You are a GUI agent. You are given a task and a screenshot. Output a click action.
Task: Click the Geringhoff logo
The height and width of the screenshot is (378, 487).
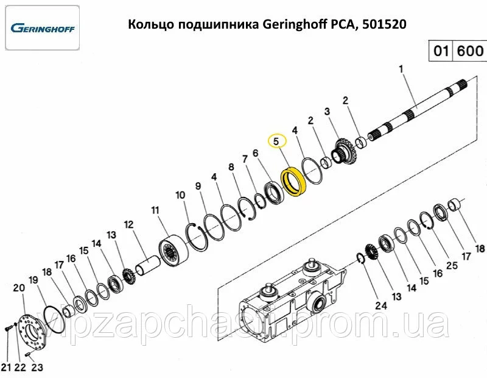[x=43, y=28]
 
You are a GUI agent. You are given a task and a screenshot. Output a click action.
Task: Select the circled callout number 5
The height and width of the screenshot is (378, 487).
[x=276, y=141]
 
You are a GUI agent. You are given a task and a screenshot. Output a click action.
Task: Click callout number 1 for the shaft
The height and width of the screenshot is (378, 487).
[x=401, y=69]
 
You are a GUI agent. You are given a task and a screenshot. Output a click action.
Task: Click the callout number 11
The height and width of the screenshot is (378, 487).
[x=155, y=210]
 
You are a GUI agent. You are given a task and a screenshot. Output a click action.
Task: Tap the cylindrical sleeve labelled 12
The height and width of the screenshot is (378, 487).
[x=149, y=265]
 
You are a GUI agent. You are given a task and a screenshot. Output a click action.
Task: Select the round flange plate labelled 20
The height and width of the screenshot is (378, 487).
[x=32, y=331]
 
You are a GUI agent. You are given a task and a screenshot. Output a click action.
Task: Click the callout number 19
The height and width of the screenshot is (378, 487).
[x=33, y=280]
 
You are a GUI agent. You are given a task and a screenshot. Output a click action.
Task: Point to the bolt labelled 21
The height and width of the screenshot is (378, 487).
[x=8, y=329]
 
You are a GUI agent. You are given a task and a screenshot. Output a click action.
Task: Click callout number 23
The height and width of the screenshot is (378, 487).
[x=37, y=368]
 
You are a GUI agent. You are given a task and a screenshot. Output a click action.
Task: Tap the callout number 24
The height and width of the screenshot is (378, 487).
[x=381, y=305]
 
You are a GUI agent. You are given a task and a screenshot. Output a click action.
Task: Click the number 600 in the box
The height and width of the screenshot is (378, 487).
[x=470, y=51]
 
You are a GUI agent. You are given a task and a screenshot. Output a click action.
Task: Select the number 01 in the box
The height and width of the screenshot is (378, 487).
[x=440, y=51]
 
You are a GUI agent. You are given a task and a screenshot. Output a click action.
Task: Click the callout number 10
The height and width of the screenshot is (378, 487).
[x=180, y=195]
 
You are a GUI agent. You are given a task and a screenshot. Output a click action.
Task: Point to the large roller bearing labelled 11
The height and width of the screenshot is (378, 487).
[x=173, y=251]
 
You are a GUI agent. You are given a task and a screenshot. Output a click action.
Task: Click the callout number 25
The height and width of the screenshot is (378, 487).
[x=452, y=265]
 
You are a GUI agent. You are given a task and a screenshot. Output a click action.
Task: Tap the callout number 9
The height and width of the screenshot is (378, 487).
[x=198, y=186]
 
